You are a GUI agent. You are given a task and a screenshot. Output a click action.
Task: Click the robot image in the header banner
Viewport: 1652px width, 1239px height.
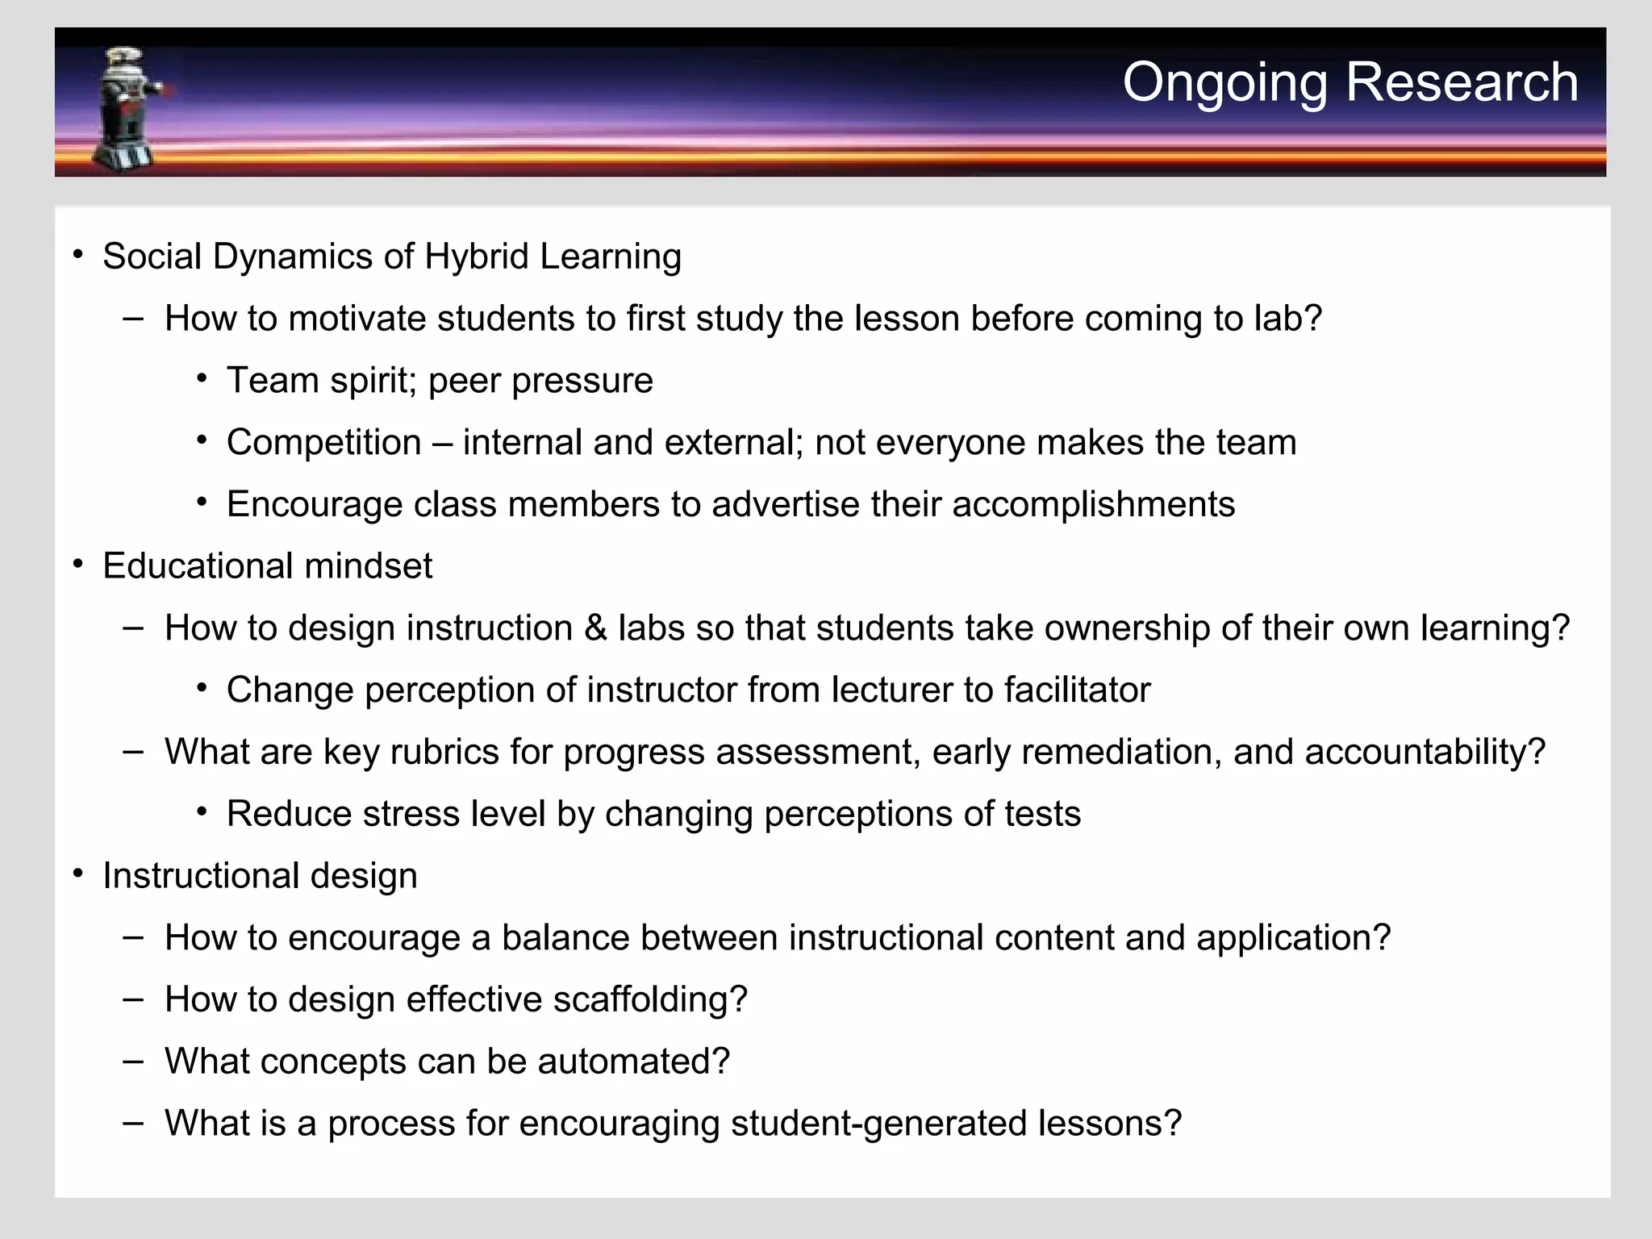pyautogui.click(x=129, y=109)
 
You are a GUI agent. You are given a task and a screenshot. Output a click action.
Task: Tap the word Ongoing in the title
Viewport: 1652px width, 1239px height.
pyautogui.click(x=1224, y=84)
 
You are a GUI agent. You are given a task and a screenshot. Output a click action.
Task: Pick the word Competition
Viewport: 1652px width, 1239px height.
pyautogui.click(x=323, y=443)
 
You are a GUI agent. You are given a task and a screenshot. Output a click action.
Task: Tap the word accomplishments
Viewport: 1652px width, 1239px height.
pyautogui.click(x=1093, y=505)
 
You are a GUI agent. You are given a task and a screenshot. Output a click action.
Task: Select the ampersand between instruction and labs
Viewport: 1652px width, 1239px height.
pyautogui.click(x=595, y=628)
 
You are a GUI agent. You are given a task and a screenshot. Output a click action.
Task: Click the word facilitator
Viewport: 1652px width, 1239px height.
pyautogui.click(x=1077, y=690)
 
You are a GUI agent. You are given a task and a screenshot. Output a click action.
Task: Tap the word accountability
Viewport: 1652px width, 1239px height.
pyautogui.click(x=1424, y=753)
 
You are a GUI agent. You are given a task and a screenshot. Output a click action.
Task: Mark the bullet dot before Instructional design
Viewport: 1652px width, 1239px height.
pyautogui.click(x=77, y=874)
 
